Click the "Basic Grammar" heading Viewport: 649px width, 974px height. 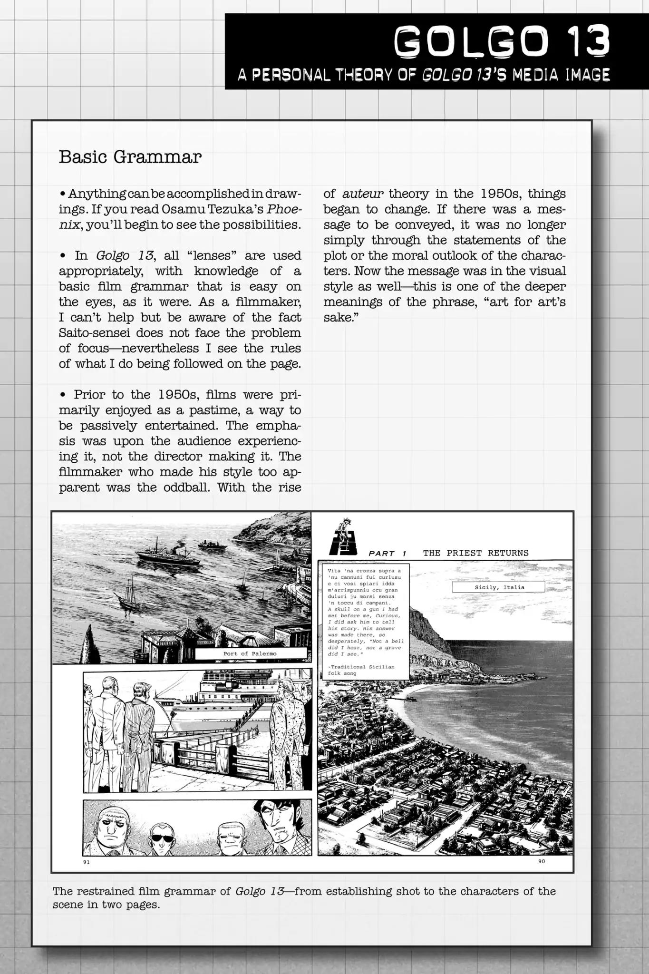(x=130, y=156)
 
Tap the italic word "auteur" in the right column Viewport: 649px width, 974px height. (x=363, y=194)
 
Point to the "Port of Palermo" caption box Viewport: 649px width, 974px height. (x=250, y=653)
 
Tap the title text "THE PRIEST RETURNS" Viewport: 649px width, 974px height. (x=475, y=553)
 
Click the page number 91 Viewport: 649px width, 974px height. (x=86, y=862)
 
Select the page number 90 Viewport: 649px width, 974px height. (x=541, y=861)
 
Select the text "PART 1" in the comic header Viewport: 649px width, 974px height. (x=387, y=554)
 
